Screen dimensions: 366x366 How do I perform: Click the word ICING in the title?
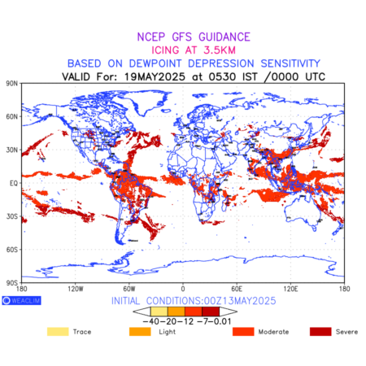[x=165, y=50]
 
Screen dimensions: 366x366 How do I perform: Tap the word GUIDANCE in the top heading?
[x=224, y=37]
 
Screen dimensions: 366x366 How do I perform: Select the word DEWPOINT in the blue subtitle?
[x=155, y=63]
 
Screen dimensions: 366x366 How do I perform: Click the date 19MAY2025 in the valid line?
[x=155, y=76]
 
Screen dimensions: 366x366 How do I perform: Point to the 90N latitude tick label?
[x=12, y=84]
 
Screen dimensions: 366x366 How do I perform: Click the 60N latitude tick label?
[x=12, y=117]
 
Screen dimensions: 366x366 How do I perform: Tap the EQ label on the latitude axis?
[x=14, y=183]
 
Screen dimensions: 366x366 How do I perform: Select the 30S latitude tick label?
[x=12, y=216]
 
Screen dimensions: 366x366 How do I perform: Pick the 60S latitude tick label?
[x=12, y=250]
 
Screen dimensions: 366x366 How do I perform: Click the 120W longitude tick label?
[x=76, y=289]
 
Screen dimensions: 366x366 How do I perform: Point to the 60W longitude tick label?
[x=129, y=289]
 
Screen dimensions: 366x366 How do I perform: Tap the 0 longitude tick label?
[x=183, y=289]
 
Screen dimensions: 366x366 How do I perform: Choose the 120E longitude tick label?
[x=290, y=289]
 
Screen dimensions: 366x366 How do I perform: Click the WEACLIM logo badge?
[x=21, y=300]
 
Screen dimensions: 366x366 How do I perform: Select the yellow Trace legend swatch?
[x=58, y=332]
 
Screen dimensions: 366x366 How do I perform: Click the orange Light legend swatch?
[x=140, y=332]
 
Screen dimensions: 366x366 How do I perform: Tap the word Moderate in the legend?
[x=273, y=332]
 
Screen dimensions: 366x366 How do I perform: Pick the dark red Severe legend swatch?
[x=320, y=332]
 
